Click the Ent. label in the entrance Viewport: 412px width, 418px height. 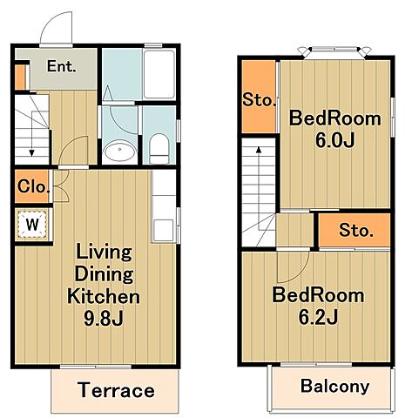62,66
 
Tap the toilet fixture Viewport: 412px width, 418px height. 159,149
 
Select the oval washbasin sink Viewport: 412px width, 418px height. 119,150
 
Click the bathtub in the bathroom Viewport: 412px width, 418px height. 159,75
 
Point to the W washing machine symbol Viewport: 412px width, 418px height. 32,224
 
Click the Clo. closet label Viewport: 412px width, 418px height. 33,186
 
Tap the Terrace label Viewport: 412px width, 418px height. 116,390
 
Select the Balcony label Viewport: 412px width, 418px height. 334,387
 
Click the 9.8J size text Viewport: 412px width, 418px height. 104,319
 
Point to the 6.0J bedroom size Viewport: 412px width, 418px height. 334,141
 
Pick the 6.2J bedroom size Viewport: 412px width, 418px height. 318,317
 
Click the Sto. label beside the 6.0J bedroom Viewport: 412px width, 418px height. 259,100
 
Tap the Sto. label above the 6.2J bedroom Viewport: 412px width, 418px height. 356,230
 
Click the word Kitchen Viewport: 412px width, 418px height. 104,296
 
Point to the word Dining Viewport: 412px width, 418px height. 105,274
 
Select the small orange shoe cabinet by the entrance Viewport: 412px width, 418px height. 20,78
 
